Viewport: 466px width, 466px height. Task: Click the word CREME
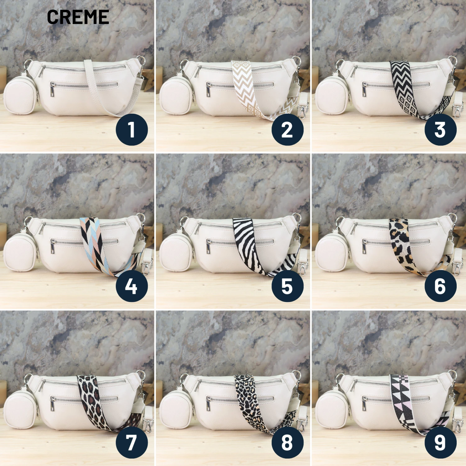[78, 17]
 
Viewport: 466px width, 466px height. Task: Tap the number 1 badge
[132, 130]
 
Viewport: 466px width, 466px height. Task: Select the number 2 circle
[287, 130]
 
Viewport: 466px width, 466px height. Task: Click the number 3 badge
[441, 130]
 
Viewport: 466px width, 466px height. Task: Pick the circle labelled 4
[132, 286]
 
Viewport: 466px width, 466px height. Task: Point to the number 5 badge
[287, 286]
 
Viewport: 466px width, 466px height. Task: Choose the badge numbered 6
[441, 286]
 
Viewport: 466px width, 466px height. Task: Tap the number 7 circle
[132, 442]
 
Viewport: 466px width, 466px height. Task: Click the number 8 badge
[287, 442]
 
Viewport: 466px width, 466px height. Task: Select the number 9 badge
[441, 442]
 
